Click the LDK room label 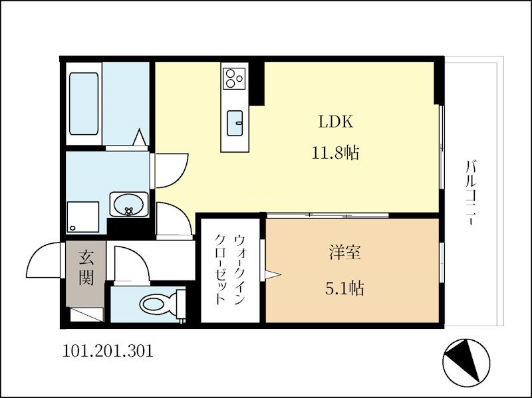click(335, 122)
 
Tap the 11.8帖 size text click(335, 153)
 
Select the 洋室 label click(344, 253)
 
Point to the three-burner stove click(234, 78)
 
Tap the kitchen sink click(235, 123)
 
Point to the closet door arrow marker click(273, 273)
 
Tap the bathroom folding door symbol click(140, 138)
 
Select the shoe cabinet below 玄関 click(86, 314)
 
